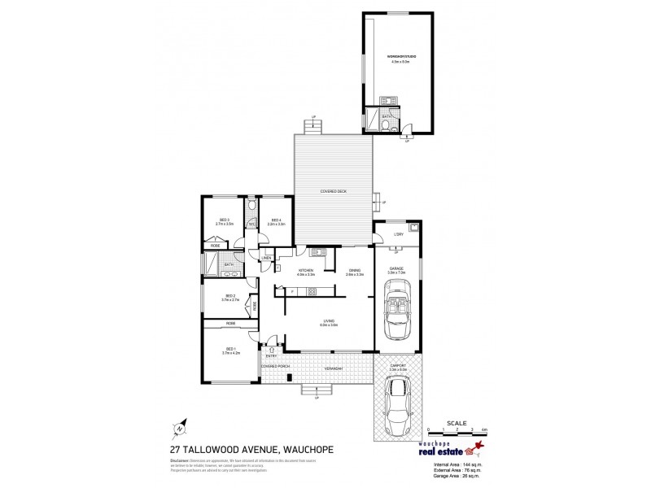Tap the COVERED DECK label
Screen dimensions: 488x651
coord(332,191)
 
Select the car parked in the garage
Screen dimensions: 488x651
coord(398,309)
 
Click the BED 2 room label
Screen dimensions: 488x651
coord(229,298)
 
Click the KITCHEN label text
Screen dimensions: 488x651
coord(306,272)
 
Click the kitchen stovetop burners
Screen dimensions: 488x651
coord(323,253)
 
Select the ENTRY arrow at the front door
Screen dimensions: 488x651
coord(271,351)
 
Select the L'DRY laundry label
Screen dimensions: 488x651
coord(398,235)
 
